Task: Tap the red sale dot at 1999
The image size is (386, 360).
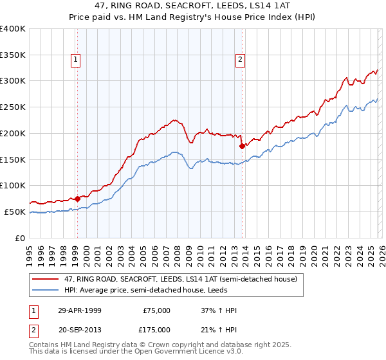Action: (77, 198)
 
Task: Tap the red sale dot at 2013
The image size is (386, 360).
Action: (242, 146)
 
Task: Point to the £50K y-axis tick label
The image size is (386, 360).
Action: (15, 212)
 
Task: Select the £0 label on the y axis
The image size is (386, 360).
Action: (21, 238)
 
